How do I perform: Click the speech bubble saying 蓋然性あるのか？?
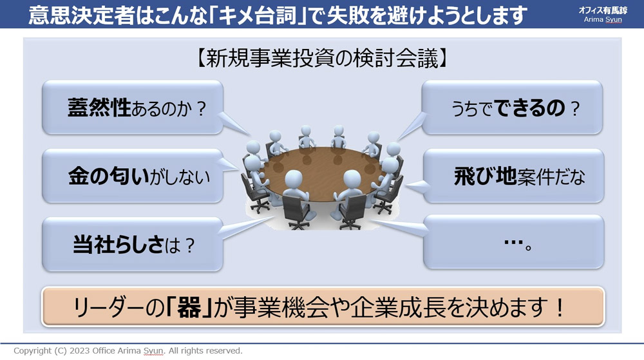click(x=133, y=107)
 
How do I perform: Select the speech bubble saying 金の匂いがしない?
click(x=133, y=176)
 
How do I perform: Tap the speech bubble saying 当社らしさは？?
click(x=133, y=244)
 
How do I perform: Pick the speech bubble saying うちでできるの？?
click(x=512, y=107)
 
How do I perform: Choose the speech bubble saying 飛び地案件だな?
click(x=513, y=176)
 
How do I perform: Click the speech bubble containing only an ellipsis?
click(x=513, y=242)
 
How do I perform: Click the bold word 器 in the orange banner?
click(x=189, y=308)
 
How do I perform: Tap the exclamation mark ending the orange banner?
click(x=559, y=308)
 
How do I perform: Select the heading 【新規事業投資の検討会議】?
click(x=322, y=58)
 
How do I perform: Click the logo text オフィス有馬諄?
click(x=603, y=10)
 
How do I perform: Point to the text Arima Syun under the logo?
click(x=603, y=20)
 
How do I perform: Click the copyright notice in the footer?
click(x=128, y=350)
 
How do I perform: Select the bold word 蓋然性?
click(x=99, y=108)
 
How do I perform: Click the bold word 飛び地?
click(x=485, y=176)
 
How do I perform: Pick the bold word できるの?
click(x=529, y=108)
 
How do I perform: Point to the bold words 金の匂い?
click(x=109, y=176)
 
